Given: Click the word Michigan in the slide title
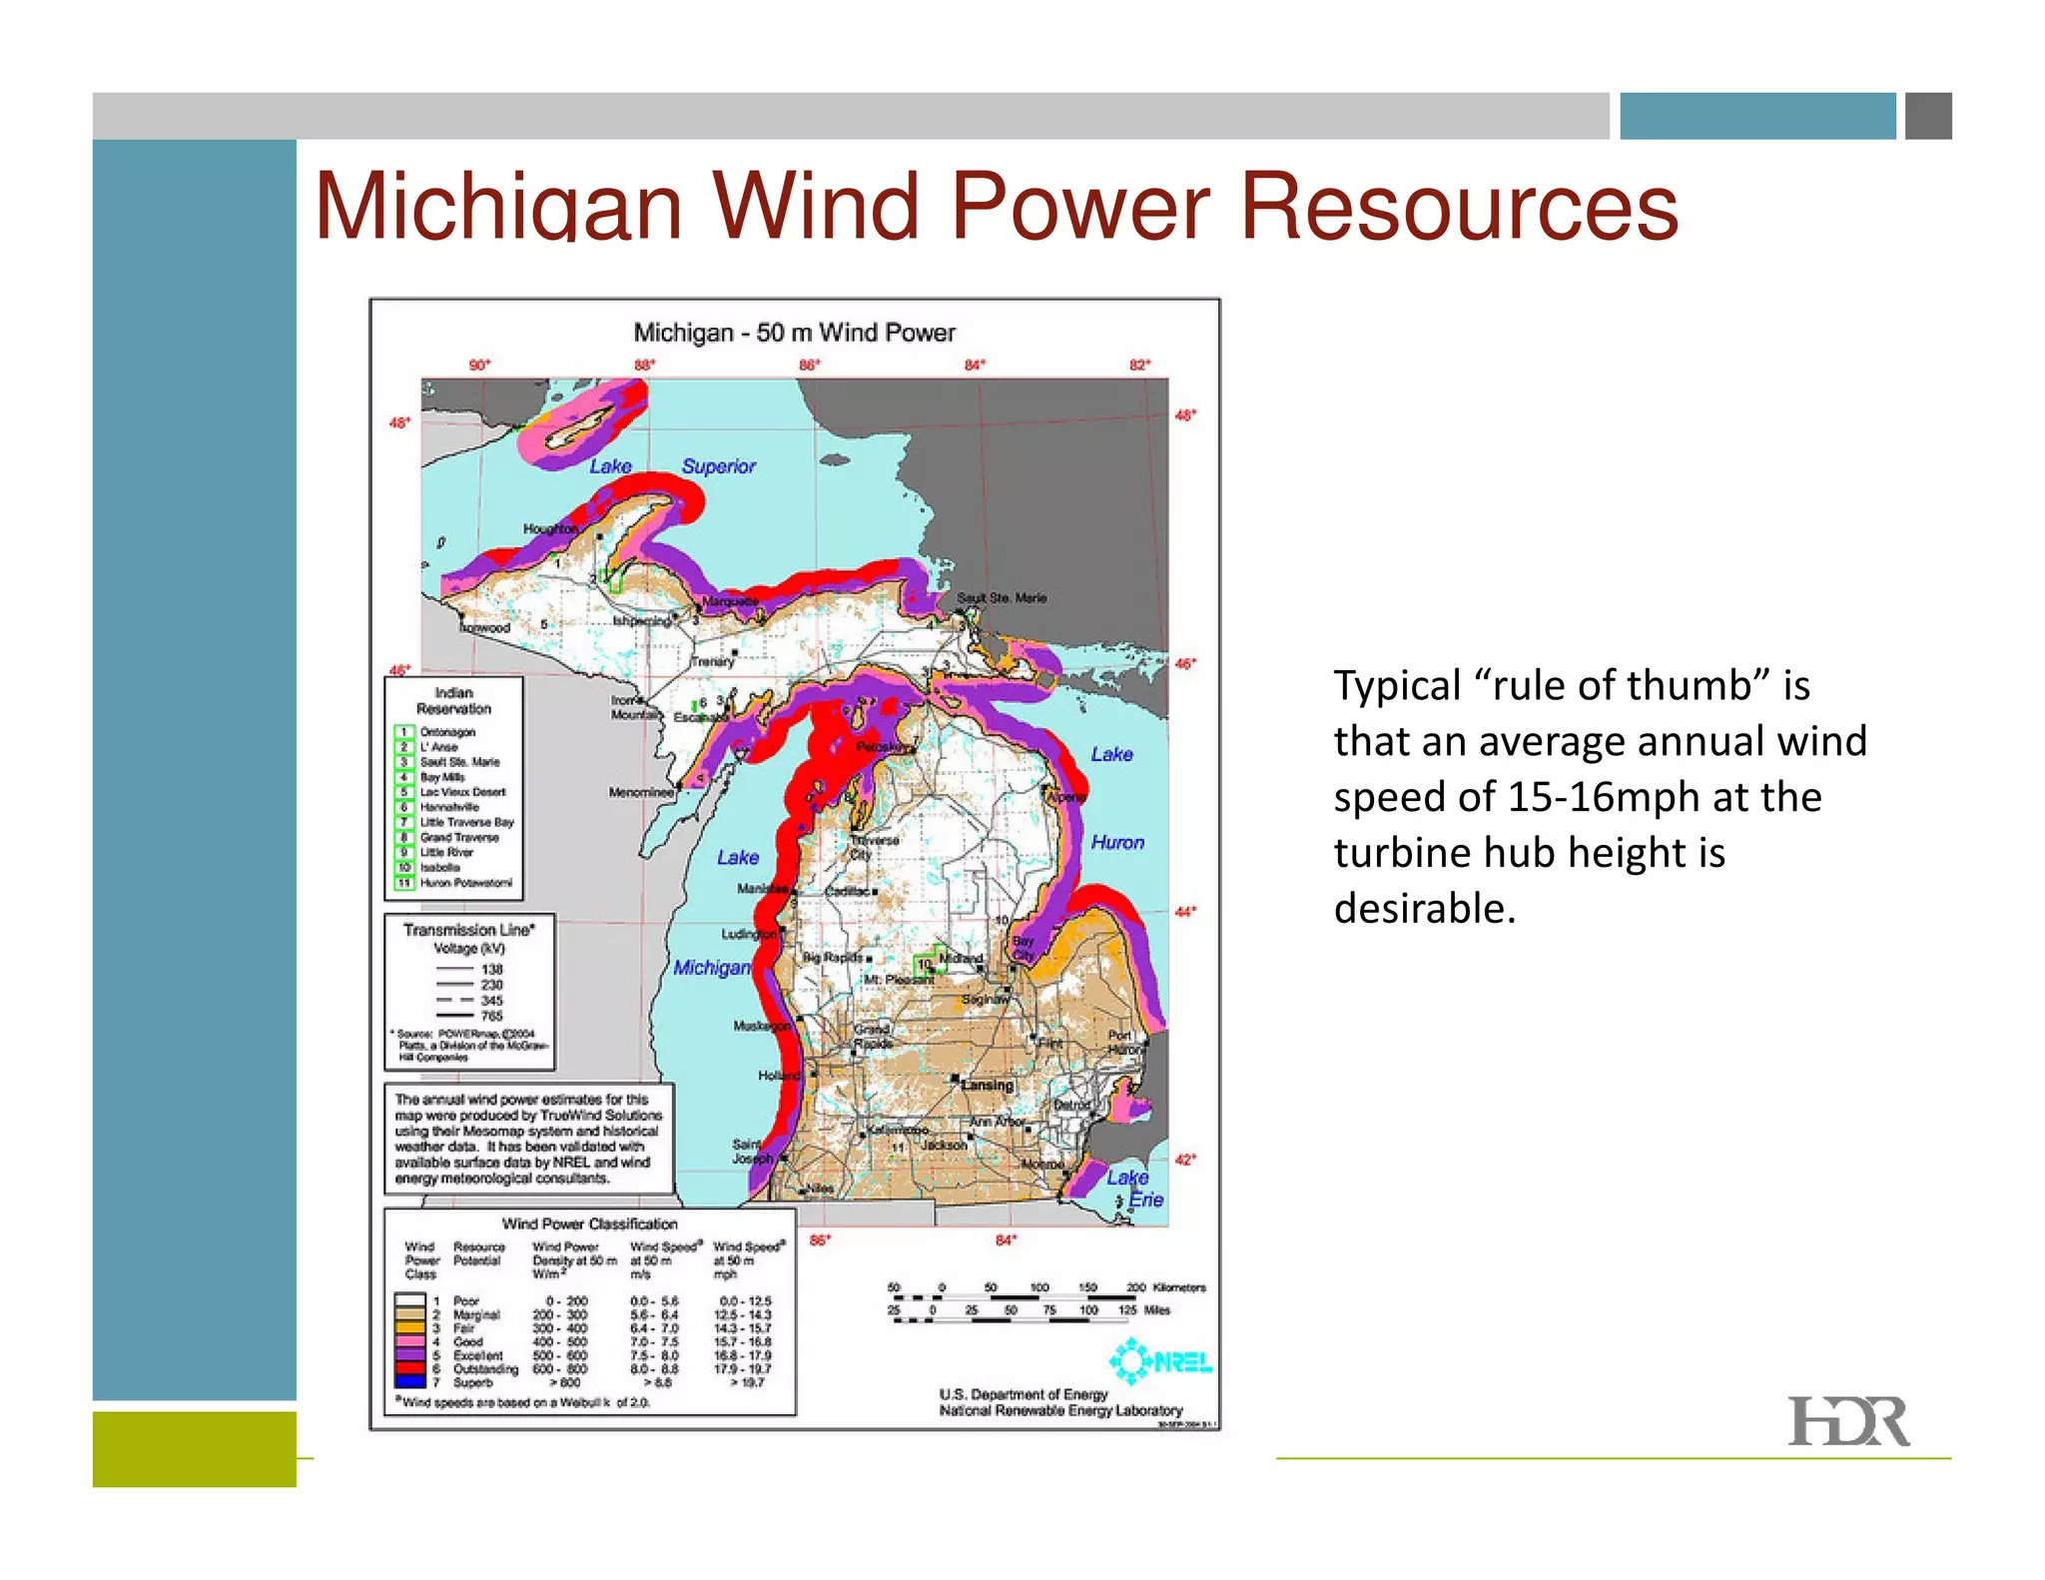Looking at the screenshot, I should click(x=497, y=207).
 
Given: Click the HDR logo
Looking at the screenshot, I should click(x=1847, y=1421).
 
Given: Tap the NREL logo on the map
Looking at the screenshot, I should click(x=1160, y=1361).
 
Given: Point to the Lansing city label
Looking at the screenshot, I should click(x=987, y=1085).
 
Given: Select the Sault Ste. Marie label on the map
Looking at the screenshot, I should click(x=1002, y=597).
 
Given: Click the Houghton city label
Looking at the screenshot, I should click(x=550, y=528).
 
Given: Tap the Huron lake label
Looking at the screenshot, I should click(x=1117, y=842).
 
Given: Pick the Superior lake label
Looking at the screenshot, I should click(x=718, y=465).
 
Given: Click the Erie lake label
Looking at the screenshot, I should click(x=1146, y=1199).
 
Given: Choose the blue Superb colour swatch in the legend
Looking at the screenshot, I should click(x=409, y=1382).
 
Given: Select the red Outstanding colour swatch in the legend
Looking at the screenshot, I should click(x=409, y=1368).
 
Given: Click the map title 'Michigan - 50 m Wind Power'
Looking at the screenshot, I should click(x=794, y=333).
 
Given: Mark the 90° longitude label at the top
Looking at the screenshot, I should click(x=480, y=365).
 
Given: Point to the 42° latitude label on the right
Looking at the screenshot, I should click(x=1184, y=1160).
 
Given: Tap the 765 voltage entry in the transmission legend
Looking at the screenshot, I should click(x=491, y=1016).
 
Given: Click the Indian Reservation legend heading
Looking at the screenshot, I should click(x=453, y=700).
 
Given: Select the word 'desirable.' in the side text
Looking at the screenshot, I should click(x=1424, y=908).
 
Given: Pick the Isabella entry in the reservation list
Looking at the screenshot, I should click(x=439, y=867).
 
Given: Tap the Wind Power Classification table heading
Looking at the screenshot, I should click(x=589, y=1223).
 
